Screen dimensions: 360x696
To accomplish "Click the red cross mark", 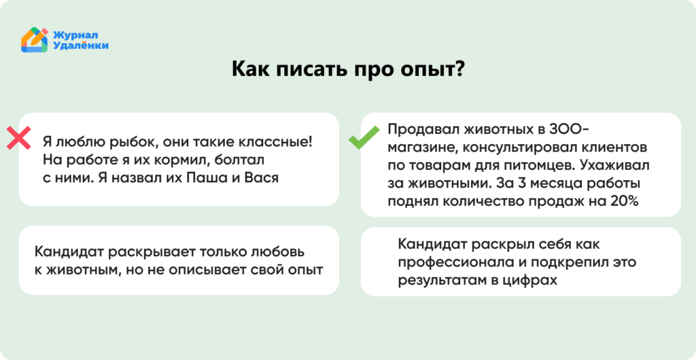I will tap(18, 139).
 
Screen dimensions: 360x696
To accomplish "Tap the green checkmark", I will tap(364, 139).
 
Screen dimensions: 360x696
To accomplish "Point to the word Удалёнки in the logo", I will tap(81, 46).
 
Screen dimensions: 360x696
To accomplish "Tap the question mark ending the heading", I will tap(459, 70).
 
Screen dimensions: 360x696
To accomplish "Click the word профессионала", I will tap(451, 262).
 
